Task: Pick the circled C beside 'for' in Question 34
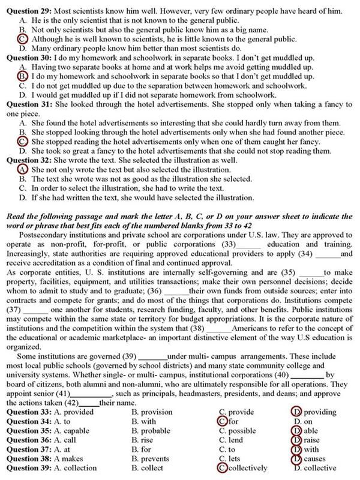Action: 223,422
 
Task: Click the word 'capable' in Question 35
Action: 79,431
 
